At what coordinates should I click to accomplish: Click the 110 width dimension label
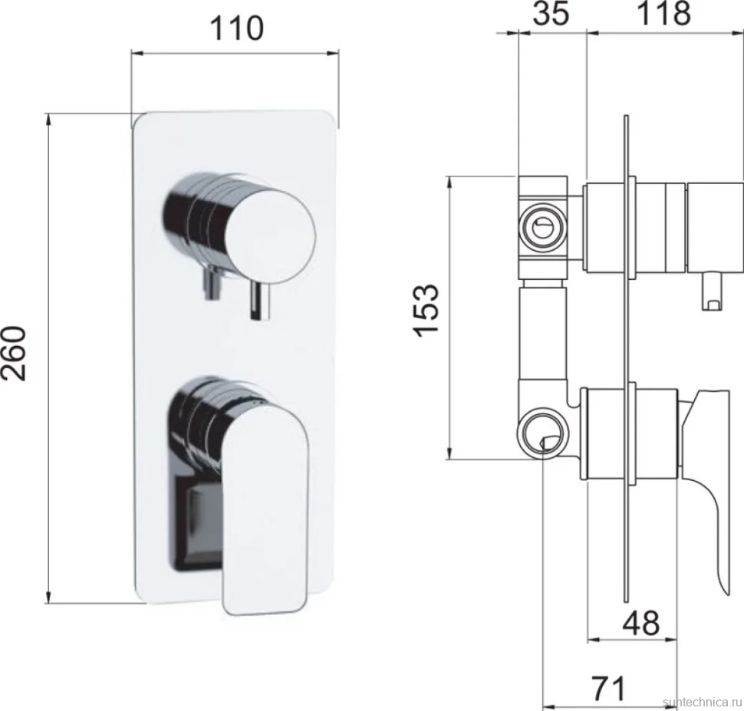[237, 28]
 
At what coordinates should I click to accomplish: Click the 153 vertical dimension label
[427, 311]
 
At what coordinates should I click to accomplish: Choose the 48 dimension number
[641, 623]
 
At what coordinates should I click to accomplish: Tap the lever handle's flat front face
[265, 512]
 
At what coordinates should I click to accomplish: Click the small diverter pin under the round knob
[259, 301]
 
